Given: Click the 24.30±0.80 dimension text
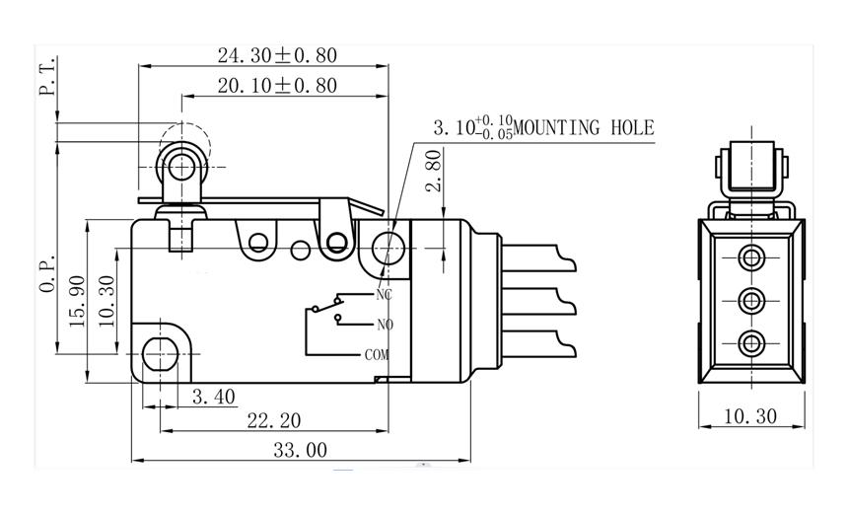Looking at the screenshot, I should (277, 55).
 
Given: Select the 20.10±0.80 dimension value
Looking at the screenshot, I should (277, 86).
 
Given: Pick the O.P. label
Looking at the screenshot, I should (45, 275).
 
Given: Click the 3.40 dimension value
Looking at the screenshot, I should (212, 397).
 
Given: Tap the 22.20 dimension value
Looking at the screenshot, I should (274, 421).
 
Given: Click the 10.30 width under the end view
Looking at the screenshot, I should (750, 416).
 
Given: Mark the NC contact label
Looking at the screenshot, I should (384, 294).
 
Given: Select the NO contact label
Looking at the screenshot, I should (384, 325).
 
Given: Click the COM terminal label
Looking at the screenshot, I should (377, 354).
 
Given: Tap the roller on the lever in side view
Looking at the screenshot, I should (181, 167).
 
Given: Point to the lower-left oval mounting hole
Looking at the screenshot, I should (157, 351).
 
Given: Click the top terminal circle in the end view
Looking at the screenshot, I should (751, 257).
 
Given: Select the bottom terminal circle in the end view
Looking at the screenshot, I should (751, 342).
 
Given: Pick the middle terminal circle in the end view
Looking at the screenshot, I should (751, 300).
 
